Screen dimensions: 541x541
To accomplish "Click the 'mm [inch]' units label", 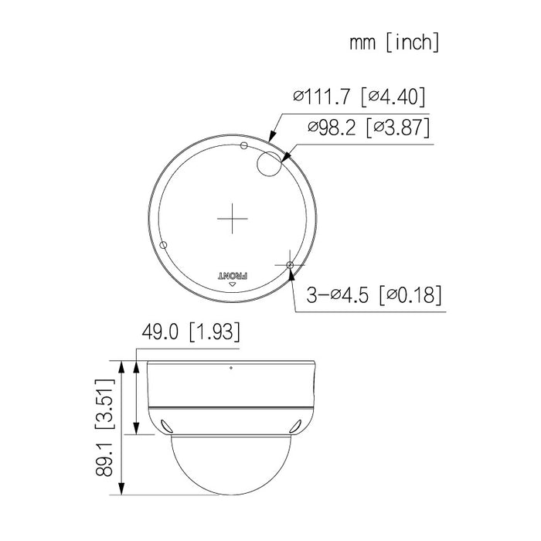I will click(x=393, y=43).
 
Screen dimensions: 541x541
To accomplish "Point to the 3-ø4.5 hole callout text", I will click(x=341, y=295).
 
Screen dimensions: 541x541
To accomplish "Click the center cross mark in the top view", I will click(x=231, y=219).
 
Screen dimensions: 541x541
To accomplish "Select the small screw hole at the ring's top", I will click(x=243, y=145).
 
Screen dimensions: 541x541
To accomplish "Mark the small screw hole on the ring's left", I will click(x=162, y=244).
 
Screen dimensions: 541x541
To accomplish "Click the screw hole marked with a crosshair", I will click(x=289, y=266).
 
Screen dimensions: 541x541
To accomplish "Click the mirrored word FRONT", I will click(x=231, y=274).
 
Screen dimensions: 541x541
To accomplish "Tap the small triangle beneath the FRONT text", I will click(x=231, y=285).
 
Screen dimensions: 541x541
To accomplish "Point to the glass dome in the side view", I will click(x=231, y=464).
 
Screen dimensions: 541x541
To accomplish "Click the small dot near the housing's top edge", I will click(x=231, y=366).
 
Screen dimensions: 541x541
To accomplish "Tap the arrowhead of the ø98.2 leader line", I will click(x=285, y=158).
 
